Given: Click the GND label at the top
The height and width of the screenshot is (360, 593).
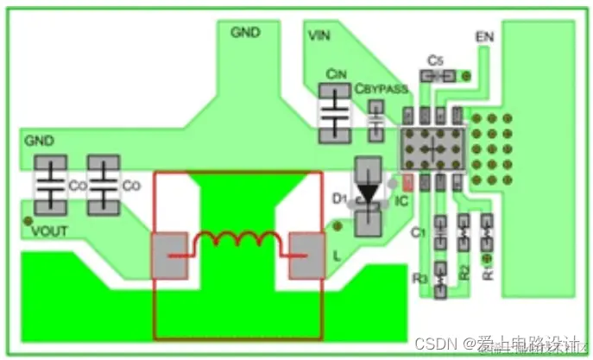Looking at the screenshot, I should [x=246, y=33].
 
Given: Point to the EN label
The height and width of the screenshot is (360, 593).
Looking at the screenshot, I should [x=484, y=38].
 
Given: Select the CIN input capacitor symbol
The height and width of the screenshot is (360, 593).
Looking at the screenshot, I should [x=335, y=112].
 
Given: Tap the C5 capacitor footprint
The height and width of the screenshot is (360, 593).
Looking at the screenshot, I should [x=438, y=77].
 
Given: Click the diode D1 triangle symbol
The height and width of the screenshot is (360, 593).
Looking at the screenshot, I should [x=370, y=193].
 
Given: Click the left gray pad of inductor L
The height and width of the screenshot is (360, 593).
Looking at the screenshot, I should [x=167, y=255].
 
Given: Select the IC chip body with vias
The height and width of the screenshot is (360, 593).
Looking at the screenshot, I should [x=431, y=147].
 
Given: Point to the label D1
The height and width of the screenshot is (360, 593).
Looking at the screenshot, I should [x=339, y=199].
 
